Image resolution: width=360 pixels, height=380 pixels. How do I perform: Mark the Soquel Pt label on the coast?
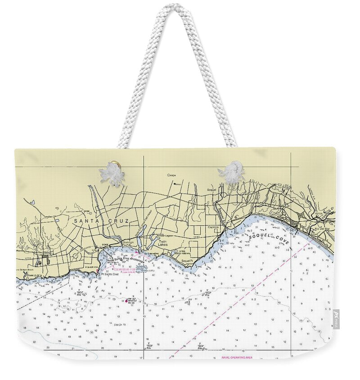[x=187, y=260]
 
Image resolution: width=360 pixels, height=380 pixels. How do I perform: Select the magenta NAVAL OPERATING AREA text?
[x=237, y=358]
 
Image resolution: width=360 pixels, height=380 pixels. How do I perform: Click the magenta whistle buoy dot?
[x=126, y=300]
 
